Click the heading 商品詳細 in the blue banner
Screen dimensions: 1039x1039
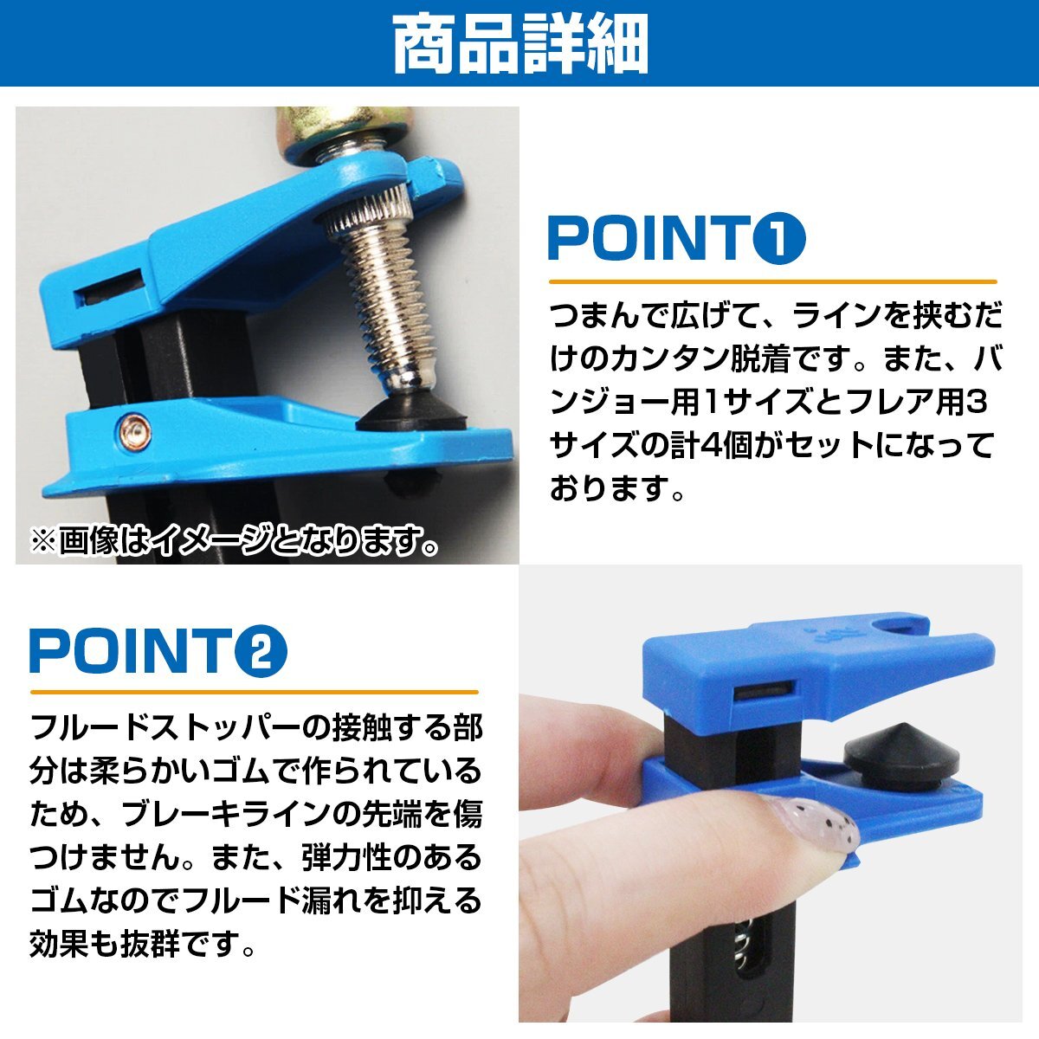(521, 45)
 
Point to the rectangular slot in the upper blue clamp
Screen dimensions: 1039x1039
(110, 289)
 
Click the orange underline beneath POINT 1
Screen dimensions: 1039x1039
(772, 281)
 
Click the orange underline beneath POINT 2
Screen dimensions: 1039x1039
(254, 693)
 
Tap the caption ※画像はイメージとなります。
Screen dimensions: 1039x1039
(234, 540)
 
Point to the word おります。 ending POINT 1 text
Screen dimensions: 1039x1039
(617, 488)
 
